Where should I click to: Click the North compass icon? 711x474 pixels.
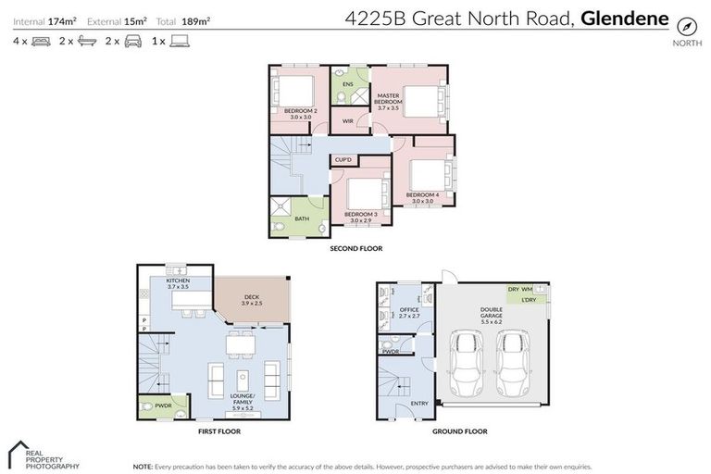[x=687, y=25]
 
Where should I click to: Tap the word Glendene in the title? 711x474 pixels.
[x=625, y=17]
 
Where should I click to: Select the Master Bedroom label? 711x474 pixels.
[x=389, y=99]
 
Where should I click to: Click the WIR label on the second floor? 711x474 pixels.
[x=348, y=121]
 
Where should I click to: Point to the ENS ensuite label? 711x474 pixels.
[x=348, y=84]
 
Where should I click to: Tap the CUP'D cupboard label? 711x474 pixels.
[x=343, y=160]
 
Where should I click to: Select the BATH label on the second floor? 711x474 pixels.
[x=301, y=219]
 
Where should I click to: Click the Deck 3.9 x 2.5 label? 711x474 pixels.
[x=252, y=300]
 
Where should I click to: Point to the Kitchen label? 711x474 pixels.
[x=178, y=283]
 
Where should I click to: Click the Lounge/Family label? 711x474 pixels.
[x=243, y=400]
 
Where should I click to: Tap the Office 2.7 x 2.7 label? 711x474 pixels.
[x=409, y=313]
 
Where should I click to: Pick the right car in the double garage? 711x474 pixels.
[x=514, y=364]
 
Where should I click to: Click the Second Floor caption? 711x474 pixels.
[x=356, y=248]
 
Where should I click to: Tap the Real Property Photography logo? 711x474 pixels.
[x=42, y=455]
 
